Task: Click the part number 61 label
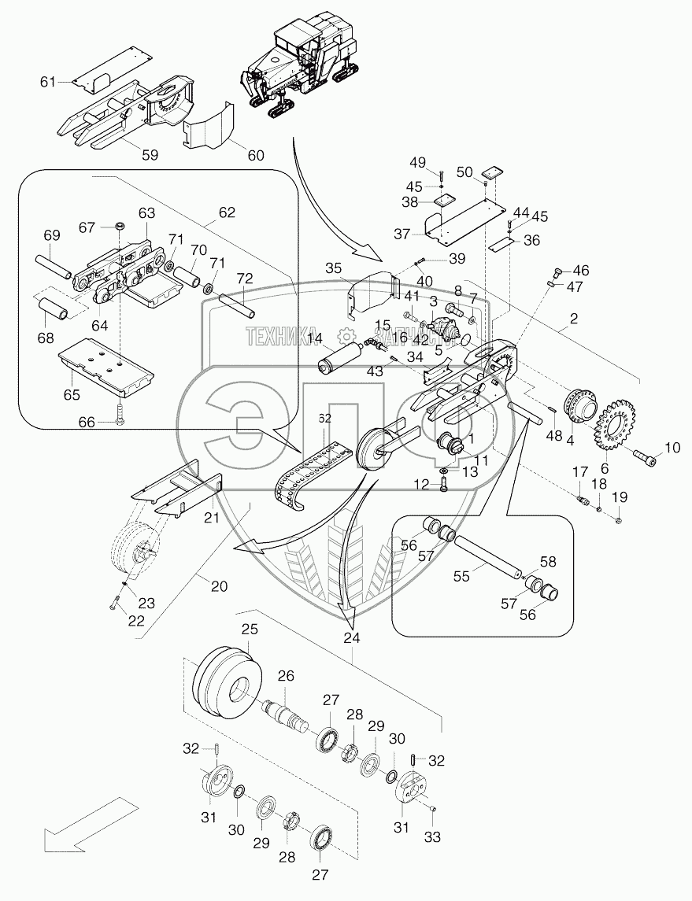pos(48,82)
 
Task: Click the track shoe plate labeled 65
pos(107,366)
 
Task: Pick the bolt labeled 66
pos(119,416)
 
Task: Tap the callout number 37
pos(402,234)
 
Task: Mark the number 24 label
pos(351,638)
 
